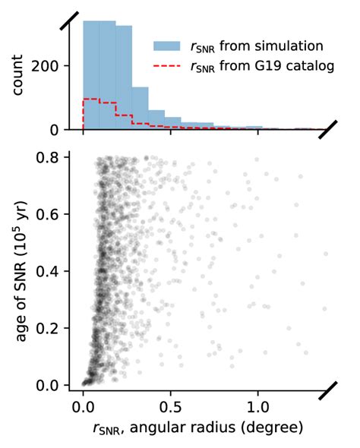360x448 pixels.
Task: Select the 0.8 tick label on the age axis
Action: coord(53,157)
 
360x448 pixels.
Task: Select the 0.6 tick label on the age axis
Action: coord(53,214)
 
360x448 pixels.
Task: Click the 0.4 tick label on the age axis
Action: coord(53,271)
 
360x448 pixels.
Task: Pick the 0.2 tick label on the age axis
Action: coord(53,328)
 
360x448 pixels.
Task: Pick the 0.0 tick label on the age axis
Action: coord(53,385)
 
